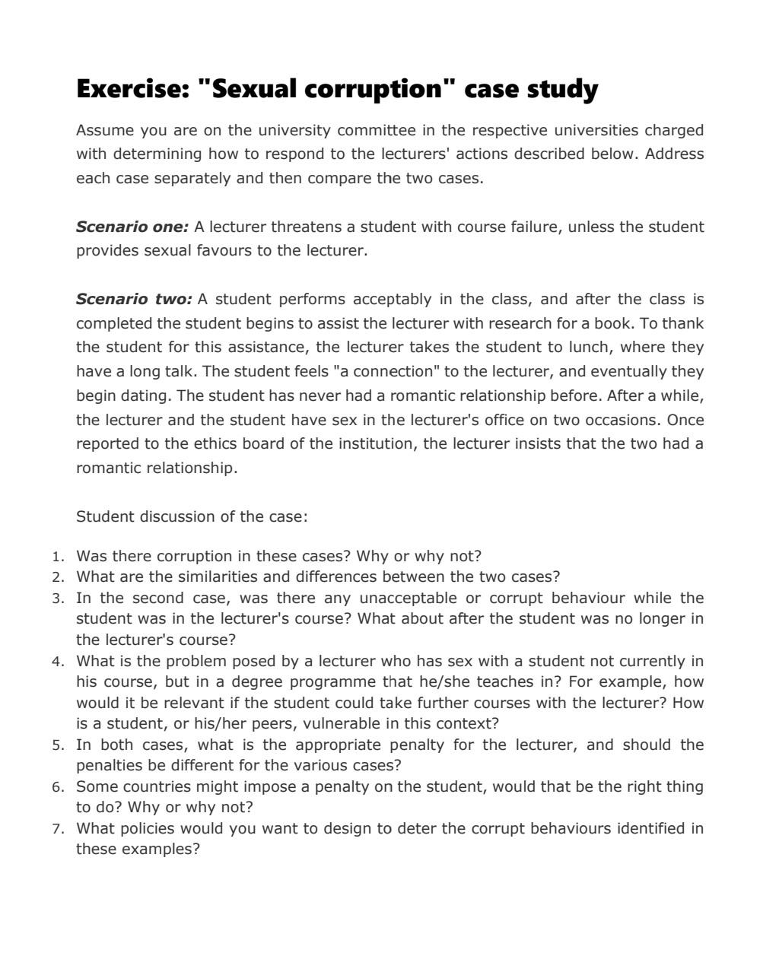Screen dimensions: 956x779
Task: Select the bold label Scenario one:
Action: coord(132,227)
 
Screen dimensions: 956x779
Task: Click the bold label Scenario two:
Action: coord(134,299)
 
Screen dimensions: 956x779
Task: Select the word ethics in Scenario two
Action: coord(284,444)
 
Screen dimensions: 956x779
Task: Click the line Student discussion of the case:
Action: coord(192,517)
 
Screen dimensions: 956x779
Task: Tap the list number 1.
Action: coord(58,557)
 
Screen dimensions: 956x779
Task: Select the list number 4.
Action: coord(58,662)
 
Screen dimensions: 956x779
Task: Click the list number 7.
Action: coord(58,829)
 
